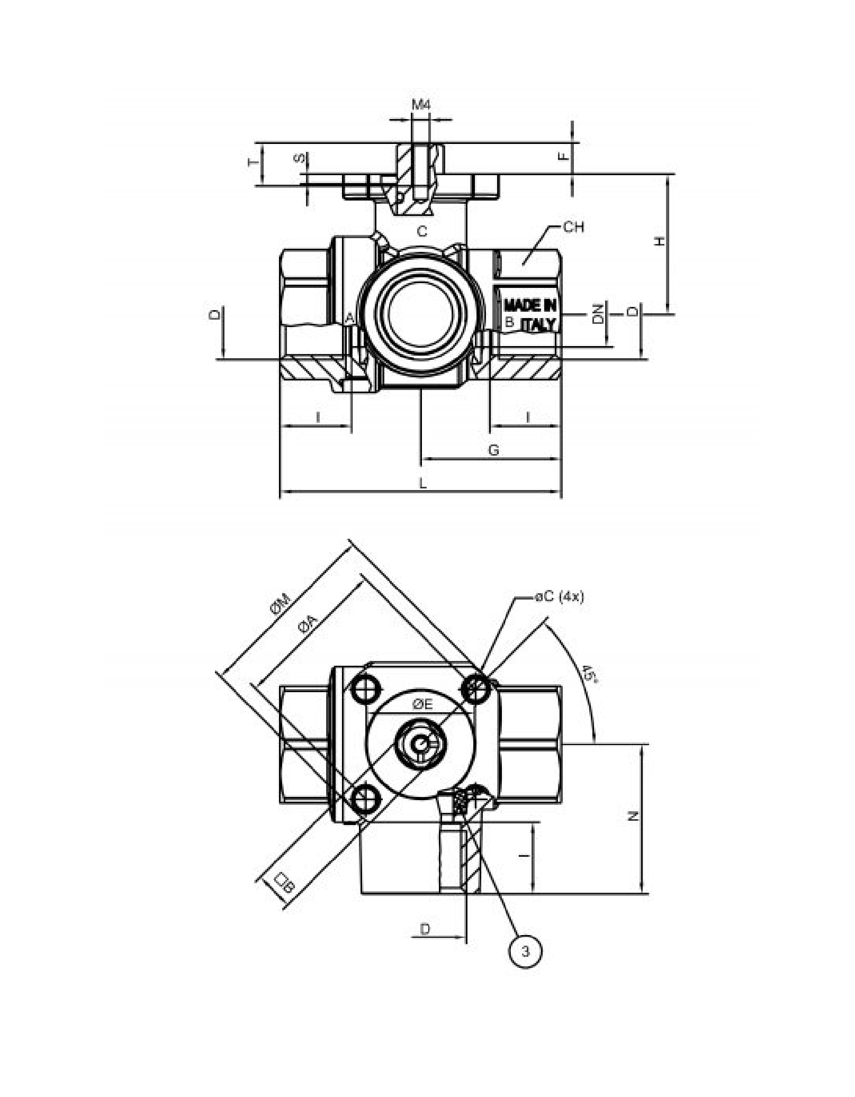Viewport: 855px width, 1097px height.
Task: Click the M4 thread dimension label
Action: click(421, 104)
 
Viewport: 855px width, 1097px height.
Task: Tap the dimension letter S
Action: click(300, 158)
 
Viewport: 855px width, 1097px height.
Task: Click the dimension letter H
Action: click(659, 241)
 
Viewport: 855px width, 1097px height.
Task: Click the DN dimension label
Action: click(598, 314)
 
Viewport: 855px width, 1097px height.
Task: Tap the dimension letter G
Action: click(493, 450)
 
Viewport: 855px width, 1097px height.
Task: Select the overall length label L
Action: click(422, 483)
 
